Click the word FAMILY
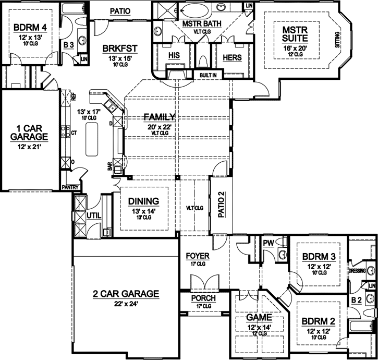(x=160, y=117)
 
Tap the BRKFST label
(x=120, y=49)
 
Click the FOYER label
(x=198, y=256)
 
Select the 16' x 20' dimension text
(x=292, y=49)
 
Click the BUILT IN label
(x=208, y=75)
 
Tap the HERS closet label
(x=231, y=58)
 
